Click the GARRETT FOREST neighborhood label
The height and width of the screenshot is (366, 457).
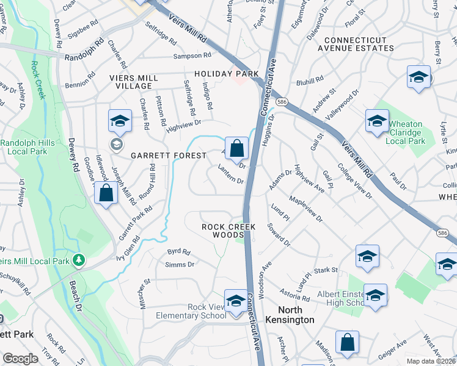(169, 156)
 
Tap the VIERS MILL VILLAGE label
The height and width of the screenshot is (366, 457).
(133, 83)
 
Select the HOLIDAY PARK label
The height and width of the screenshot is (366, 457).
(227, 74)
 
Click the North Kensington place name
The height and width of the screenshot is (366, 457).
(290, 320)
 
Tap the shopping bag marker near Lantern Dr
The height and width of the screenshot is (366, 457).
(236, 148)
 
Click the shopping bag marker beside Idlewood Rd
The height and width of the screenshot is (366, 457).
(106, 193)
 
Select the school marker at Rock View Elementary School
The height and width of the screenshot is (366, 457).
(235, 301)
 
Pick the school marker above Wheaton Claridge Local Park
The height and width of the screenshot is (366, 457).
(377, 121)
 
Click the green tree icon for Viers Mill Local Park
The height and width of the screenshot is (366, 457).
(78, 260)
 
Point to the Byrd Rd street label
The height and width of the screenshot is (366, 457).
(179, 251)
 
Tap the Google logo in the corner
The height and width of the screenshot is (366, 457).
(21, 359)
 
